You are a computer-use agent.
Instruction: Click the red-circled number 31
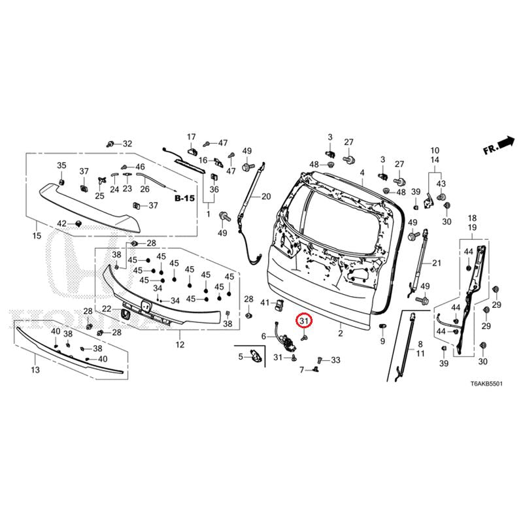[x=305, y=321]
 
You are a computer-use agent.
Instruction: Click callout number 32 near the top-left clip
[x=127, y=144]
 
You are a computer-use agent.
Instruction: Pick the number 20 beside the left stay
[x=265, y=196]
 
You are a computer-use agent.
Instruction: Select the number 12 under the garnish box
[x=180, y=345]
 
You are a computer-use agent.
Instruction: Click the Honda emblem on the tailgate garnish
[x=145, y=306]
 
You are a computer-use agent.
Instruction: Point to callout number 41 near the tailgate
[x=265, y=303]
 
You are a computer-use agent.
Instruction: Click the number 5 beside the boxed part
[x=240, y=356]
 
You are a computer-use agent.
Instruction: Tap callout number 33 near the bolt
[x=336, y=360]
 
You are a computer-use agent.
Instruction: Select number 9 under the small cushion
[x=382, y=341]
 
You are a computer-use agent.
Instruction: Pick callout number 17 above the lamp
[x=192, y=137]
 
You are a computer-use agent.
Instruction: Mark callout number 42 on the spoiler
[x=61, y=224]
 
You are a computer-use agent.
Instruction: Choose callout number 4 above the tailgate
[x=362, y=173]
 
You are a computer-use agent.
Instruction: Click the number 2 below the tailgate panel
[x=340, y=333]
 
